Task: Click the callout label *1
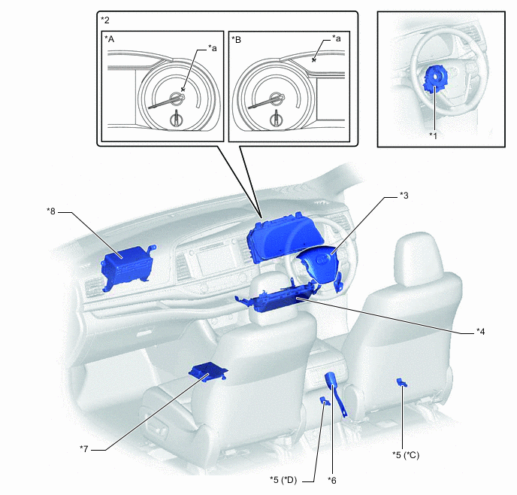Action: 433,135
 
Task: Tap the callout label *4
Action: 480,330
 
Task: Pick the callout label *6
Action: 332,479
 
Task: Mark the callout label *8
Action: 51,211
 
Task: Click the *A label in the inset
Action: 110,38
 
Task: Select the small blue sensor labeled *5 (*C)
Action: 403,384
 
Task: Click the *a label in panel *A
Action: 213,48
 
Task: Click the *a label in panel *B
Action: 337,38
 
